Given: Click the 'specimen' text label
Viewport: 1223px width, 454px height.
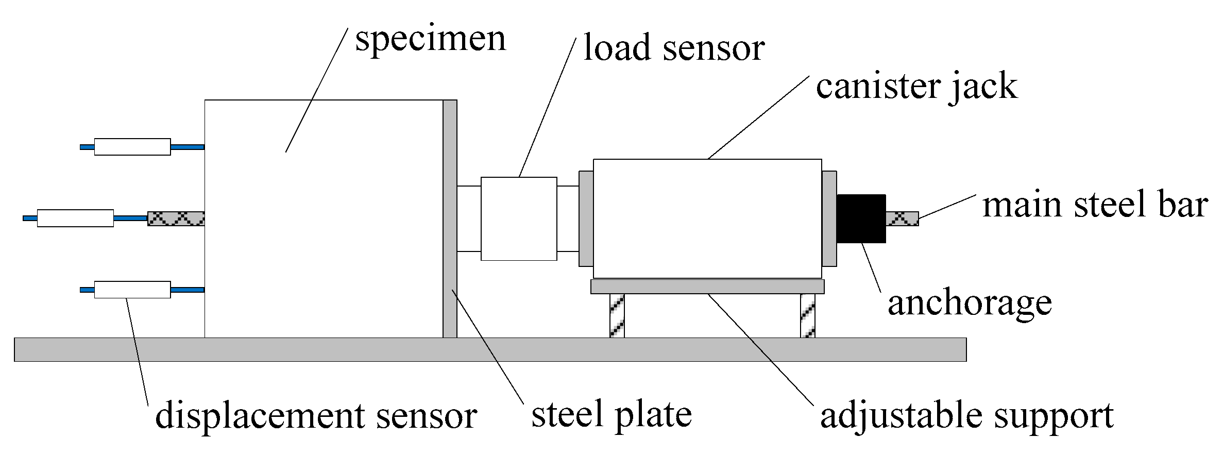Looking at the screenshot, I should pos(431,39).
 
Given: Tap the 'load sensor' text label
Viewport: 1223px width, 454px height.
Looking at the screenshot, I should pos(674,48).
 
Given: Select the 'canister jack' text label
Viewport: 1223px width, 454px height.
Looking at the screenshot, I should pos(916,86).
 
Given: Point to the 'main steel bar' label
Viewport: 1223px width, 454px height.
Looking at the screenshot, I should pos(1095,205).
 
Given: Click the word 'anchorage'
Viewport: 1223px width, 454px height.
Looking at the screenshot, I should pos(970,304).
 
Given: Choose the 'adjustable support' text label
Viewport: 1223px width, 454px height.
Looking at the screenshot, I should pos(967,416).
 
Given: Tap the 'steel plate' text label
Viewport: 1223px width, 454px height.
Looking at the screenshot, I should pos(611,415).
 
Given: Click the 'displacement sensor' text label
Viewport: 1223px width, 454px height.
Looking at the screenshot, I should pos(316,416).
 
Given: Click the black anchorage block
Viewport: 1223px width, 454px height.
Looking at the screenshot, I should pos(861,218).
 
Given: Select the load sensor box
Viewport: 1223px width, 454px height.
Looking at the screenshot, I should pos(519,218).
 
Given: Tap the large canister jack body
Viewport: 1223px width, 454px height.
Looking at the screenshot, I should pos(707,218).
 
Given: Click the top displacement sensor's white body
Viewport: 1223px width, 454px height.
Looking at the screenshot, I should pos(132,147).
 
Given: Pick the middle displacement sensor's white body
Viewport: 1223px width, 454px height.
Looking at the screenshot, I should pos(75,218).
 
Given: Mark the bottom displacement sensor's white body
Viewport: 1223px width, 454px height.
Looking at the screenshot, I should pos(132,290).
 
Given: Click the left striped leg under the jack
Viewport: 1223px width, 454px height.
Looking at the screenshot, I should pos(617,315).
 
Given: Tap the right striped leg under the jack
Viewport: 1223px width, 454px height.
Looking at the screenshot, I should pos(807,315).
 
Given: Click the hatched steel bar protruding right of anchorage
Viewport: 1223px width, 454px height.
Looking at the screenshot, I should pos(902,218).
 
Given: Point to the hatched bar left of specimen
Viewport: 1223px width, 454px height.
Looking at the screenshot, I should pos(176,218).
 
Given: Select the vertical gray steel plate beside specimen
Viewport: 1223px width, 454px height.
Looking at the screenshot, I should pos(450,218).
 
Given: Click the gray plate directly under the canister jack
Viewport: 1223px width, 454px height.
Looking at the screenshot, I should pos(707,287).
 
